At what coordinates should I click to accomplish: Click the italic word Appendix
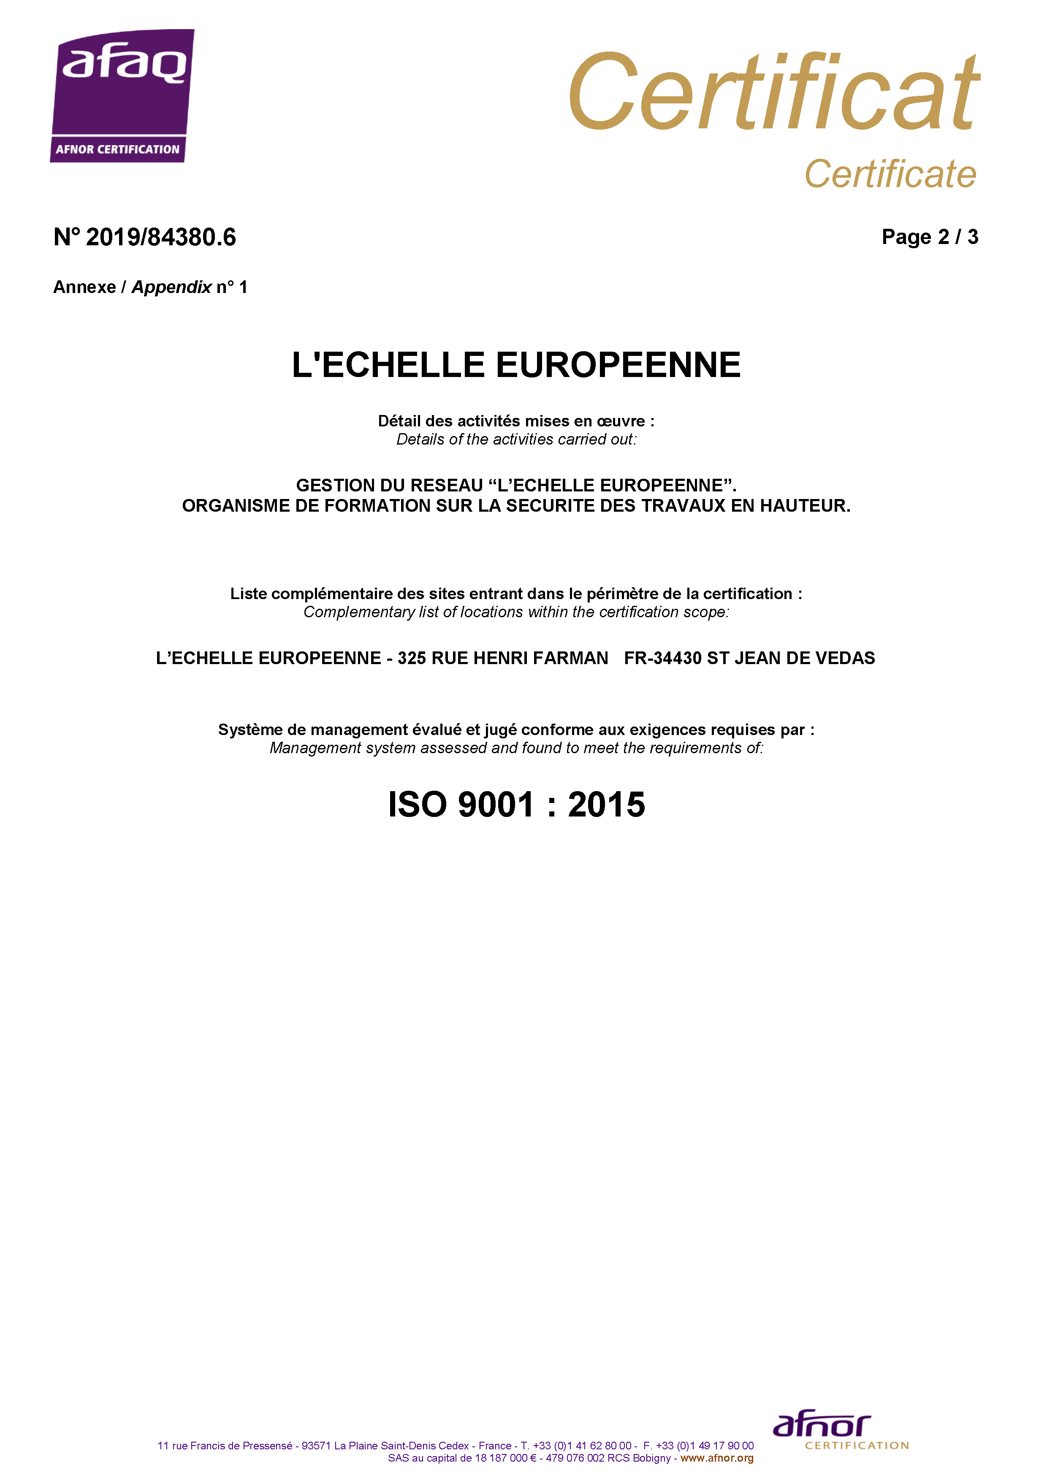[171, 287]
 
